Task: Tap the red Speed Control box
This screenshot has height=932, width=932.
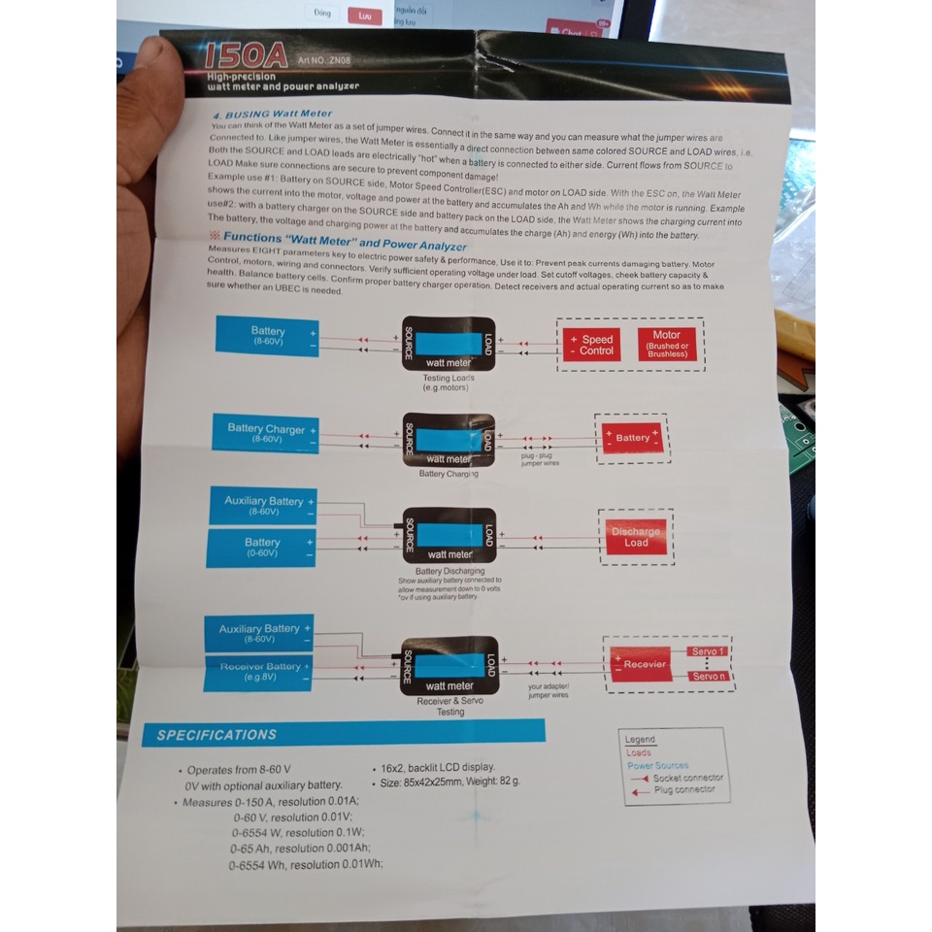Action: pos(592,345)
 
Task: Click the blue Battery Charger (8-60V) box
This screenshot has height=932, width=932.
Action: pos(265,433)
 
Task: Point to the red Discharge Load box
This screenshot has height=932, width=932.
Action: pos(636,537)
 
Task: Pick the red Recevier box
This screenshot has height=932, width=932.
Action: pos(644,664)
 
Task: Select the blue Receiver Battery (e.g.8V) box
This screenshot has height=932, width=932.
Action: pos(259,672)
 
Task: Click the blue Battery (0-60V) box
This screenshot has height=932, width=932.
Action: pos(260,548)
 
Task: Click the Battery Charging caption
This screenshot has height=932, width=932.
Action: pos(448,474)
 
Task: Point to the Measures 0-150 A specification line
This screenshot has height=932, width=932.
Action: pos(271,802)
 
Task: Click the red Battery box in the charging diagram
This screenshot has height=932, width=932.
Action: pos(632,438)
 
